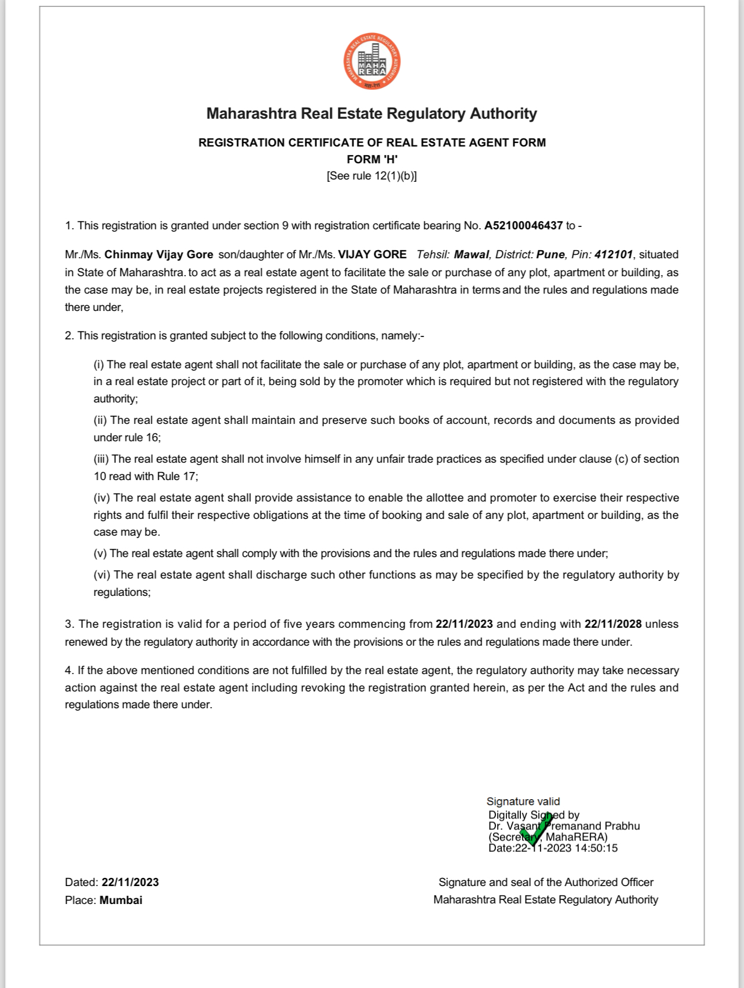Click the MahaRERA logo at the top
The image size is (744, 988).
(x=371, y=61)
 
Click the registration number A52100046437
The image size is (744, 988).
(x=523, y=226)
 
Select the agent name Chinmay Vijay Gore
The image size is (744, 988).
(x=159, y=255)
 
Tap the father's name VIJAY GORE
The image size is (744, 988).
(x=372, y=255)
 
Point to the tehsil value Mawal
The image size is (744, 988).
(x=472, y=255)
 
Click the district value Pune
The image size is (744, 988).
(x=550, y=255)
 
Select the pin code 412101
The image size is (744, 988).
(x=614, y=255)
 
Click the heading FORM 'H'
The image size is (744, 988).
(x=372, y=159)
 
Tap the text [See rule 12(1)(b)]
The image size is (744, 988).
(x=372, y=176)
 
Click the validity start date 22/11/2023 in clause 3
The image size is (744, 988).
(x=464, y=624)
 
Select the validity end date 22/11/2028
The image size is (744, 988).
(x=613, y=624)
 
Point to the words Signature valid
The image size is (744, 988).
(x=523, y=802)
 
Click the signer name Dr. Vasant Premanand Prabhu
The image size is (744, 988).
(x=564, y=826)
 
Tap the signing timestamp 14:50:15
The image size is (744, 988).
(x=596, y=848)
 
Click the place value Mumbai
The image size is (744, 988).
(x=121, y=901)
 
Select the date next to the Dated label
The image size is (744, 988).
(x=130, y=883)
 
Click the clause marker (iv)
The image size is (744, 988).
(x=103, y=498)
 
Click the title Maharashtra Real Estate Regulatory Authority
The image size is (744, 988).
(x=371, y=114)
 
